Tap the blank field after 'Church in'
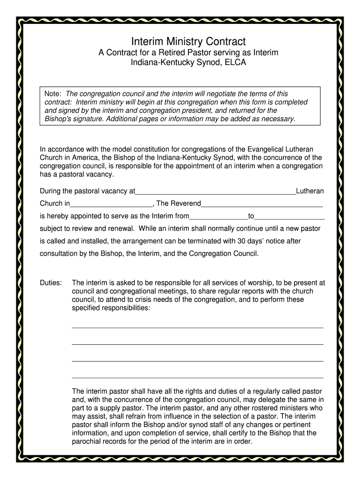tap(111, 203)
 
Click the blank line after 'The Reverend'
tap(262, 203)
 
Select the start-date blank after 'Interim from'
tap(218, 216)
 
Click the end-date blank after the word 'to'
tap(289, 216)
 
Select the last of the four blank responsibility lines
tap(197, 377)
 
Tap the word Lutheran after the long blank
tap(310, 191)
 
